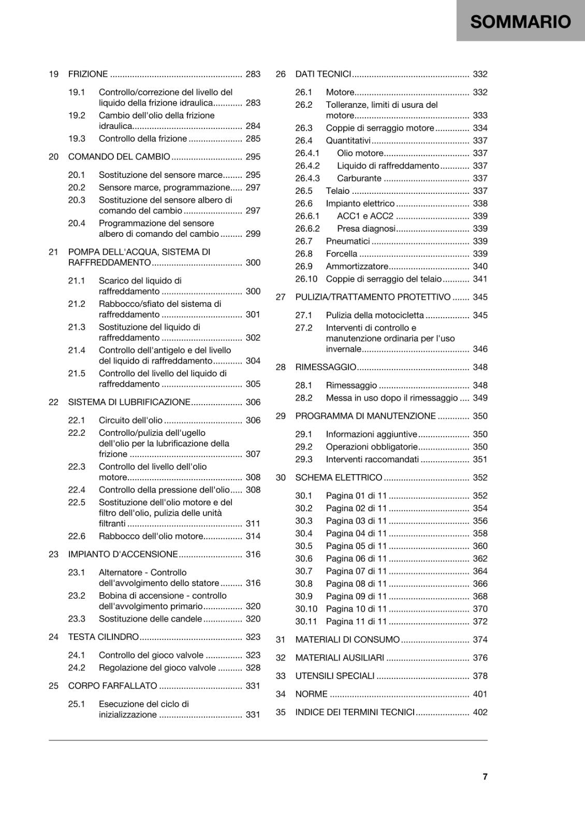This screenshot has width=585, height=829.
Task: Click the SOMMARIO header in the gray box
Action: [520, 22]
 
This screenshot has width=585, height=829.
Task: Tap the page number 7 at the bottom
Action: [485, 776]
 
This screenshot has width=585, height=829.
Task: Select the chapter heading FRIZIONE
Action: [88, 74]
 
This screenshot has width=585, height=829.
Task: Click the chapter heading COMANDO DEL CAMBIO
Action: [119, 156]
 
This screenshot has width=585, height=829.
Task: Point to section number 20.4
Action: [77, 223]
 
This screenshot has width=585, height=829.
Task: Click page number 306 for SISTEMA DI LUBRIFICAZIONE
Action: [253, 402]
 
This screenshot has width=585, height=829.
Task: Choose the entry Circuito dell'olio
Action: [130, 420]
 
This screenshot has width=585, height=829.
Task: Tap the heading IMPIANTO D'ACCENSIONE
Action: [123, 554]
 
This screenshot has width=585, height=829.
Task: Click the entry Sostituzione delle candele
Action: [150, 619]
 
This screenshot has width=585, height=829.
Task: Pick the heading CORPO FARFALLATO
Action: [112, 686]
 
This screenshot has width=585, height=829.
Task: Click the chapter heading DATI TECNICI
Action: [323, 74]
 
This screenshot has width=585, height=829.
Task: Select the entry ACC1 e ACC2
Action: [365, 216]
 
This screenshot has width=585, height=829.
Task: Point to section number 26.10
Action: [306, 279]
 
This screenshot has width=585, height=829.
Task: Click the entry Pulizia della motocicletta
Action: [375, 315]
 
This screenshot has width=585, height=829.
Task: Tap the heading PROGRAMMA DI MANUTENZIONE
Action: [365, 416]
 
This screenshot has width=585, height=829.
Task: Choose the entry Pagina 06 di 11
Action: [356, 559]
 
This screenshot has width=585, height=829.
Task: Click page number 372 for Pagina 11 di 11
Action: [480, 621]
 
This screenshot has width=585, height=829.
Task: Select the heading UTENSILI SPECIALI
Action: [334, 676]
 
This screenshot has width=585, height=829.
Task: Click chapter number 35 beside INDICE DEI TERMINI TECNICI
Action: [281, 712]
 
